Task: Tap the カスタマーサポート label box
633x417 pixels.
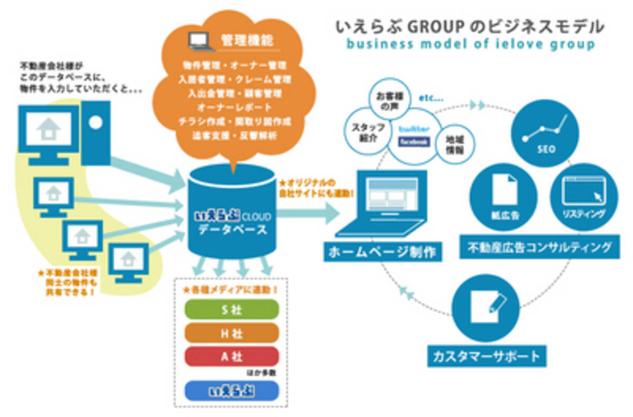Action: point(487,356)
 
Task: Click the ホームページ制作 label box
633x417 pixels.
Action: point(382,252)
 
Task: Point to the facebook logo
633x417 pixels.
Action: point(415,141)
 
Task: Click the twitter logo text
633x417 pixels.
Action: point(415,130)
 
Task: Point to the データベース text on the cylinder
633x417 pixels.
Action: point(232,230)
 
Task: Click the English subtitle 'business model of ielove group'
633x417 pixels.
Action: point(470,44)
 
